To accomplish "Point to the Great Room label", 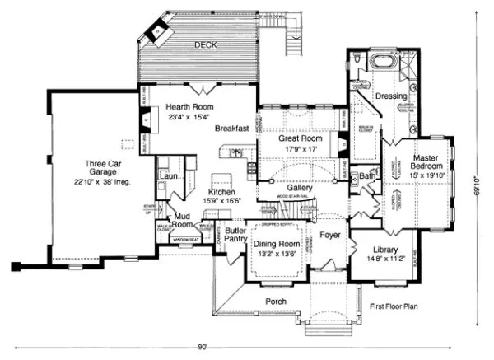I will pos(298,140).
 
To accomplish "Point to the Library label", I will pos(384,250).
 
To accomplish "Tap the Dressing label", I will pos(387,97).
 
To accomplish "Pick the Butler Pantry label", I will pos(239,237).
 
